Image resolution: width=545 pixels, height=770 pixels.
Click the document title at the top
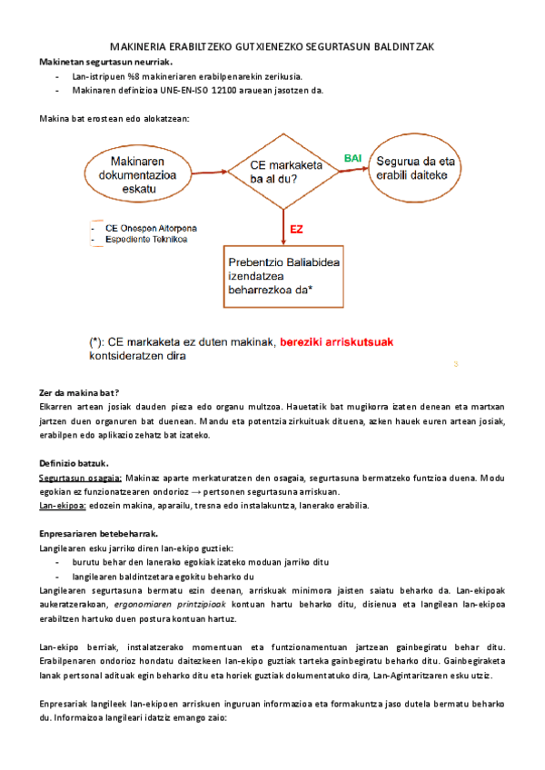[272, 46]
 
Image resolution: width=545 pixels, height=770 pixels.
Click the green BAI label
[352, 158]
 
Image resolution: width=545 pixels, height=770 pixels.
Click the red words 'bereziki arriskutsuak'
[337, 342]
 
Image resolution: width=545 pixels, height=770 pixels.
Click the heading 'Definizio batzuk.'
[74, 462]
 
